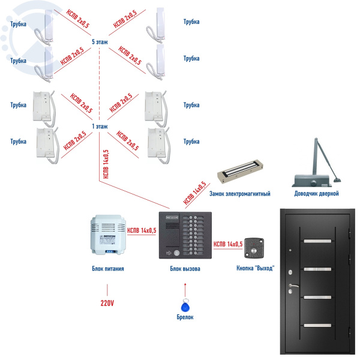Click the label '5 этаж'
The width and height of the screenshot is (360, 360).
100,43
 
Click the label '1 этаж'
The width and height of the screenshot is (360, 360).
100,127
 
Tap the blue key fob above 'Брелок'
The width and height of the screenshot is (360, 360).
184,304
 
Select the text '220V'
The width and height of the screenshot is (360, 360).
107,303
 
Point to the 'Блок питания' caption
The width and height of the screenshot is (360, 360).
108,269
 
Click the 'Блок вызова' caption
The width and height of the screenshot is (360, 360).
184,269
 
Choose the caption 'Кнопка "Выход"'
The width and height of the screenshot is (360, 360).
256,268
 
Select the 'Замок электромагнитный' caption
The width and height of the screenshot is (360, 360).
239,194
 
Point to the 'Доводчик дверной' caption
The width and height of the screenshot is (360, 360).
316,194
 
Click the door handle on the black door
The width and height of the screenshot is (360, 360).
293,286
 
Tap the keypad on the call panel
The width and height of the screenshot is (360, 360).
197,236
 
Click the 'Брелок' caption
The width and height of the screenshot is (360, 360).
184,316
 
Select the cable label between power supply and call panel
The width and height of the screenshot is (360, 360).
142,230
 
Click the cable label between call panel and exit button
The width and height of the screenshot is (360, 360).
228,244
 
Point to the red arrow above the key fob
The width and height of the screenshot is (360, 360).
184,285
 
